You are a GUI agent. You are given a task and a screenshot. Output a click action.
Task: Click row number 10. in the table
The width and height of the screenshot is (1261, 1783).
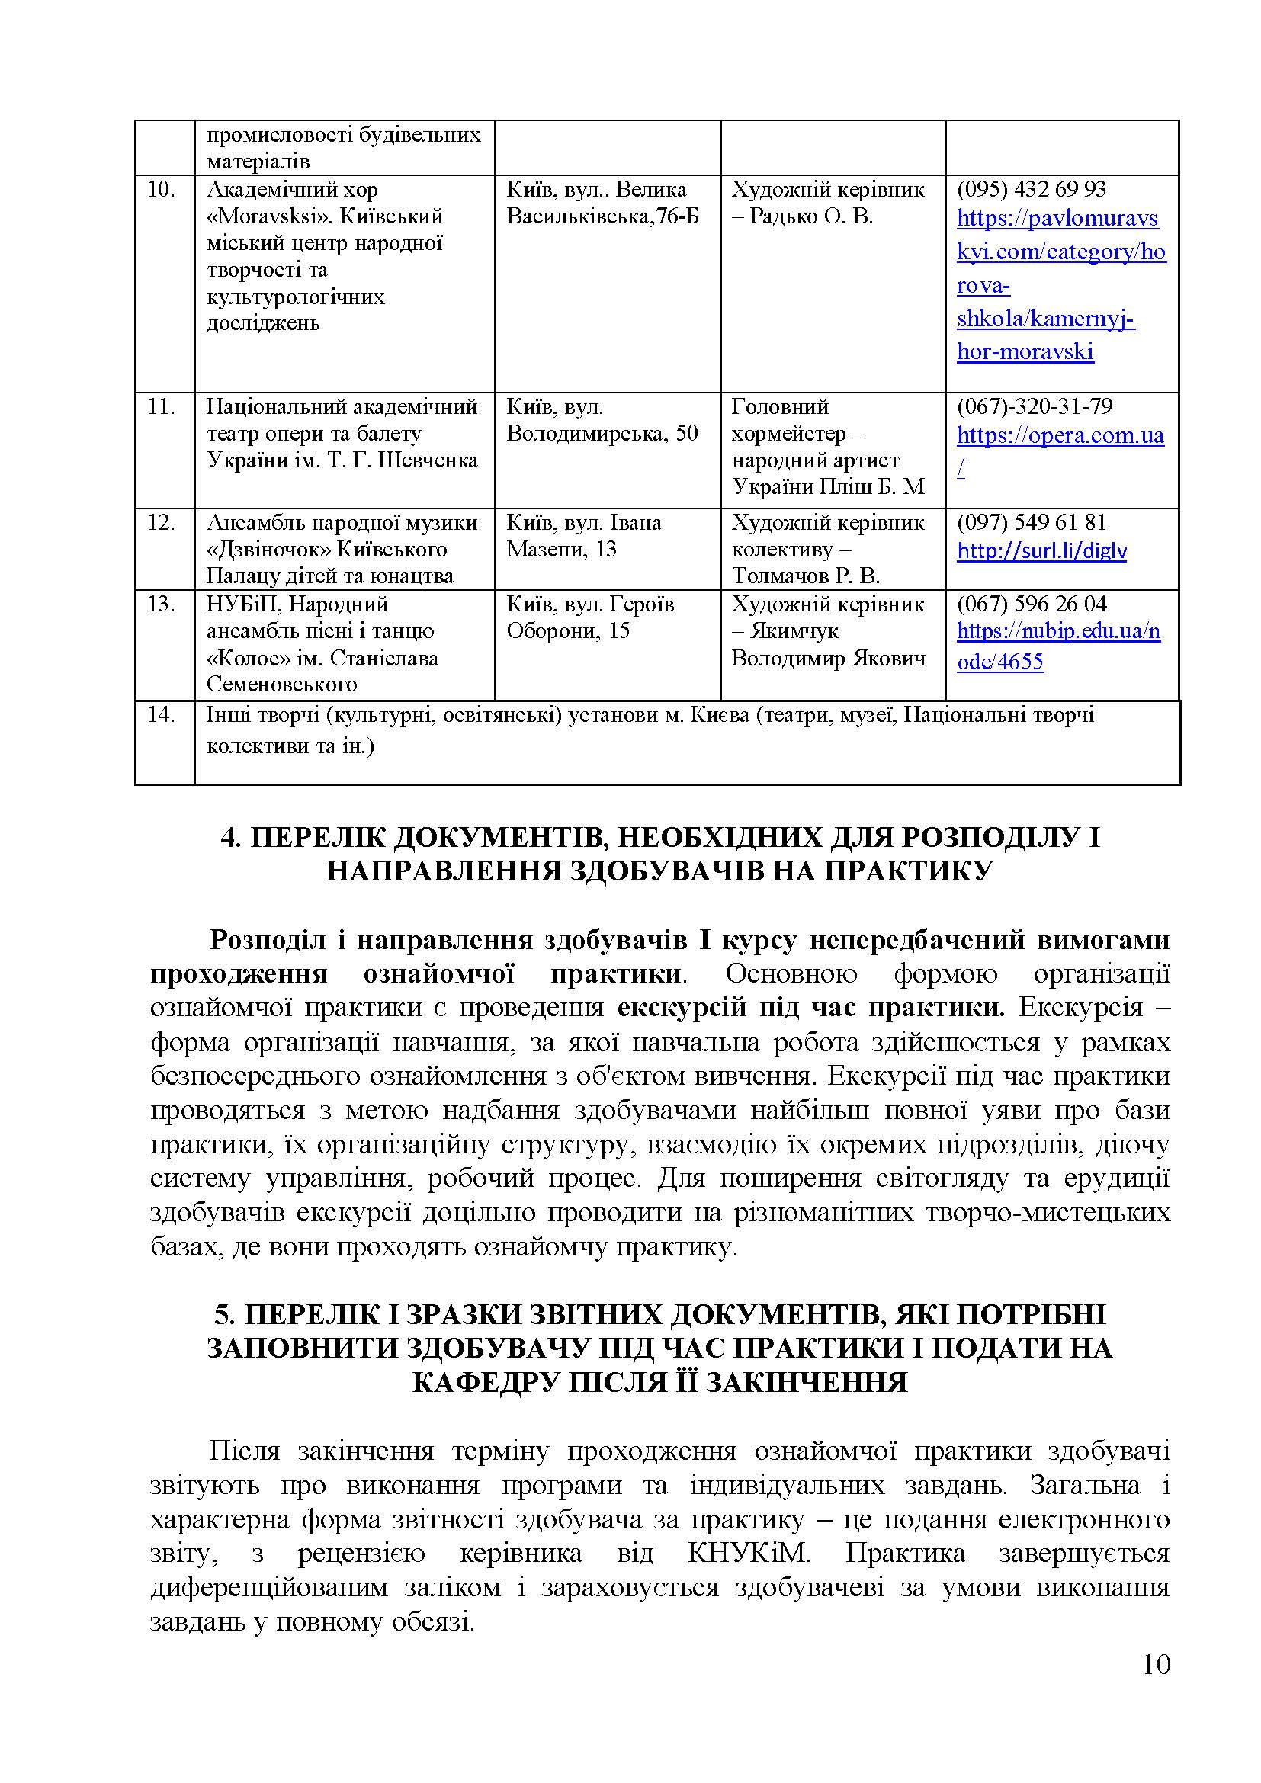pos(161,190)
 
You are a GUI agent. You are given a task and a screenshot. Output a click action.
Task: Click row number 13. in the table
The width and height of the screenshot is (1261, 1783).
pos(161,604)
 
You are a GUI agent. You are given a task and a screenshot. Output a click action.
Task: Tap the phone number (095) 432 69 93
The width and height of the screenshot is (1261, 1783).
pos(1032,190)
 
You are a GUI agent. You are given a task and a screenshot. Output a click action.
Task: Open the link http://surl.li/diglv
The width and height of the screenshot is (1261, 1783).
pos(1041,552)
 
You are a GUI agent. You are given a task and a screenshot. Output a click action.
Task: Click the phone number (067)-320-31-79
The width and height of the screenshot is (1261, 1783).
pos(1035,406)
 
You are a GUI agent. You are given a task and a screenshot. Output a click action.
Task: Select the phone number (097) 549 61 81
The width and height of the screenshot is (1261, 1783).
pos(1032,522)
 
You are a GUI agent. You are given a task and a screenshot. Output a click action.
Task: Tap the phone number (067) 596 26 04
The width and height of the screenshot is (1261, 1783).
pos(1032,604)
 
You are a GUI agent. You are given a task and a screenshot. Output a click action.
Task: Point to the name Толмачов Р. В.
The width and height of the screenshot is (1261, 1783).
pos(805,576)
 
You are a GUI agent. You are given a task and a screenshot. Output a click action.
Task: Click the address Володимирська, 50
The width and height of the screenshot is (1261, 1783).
pos(602,433)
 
